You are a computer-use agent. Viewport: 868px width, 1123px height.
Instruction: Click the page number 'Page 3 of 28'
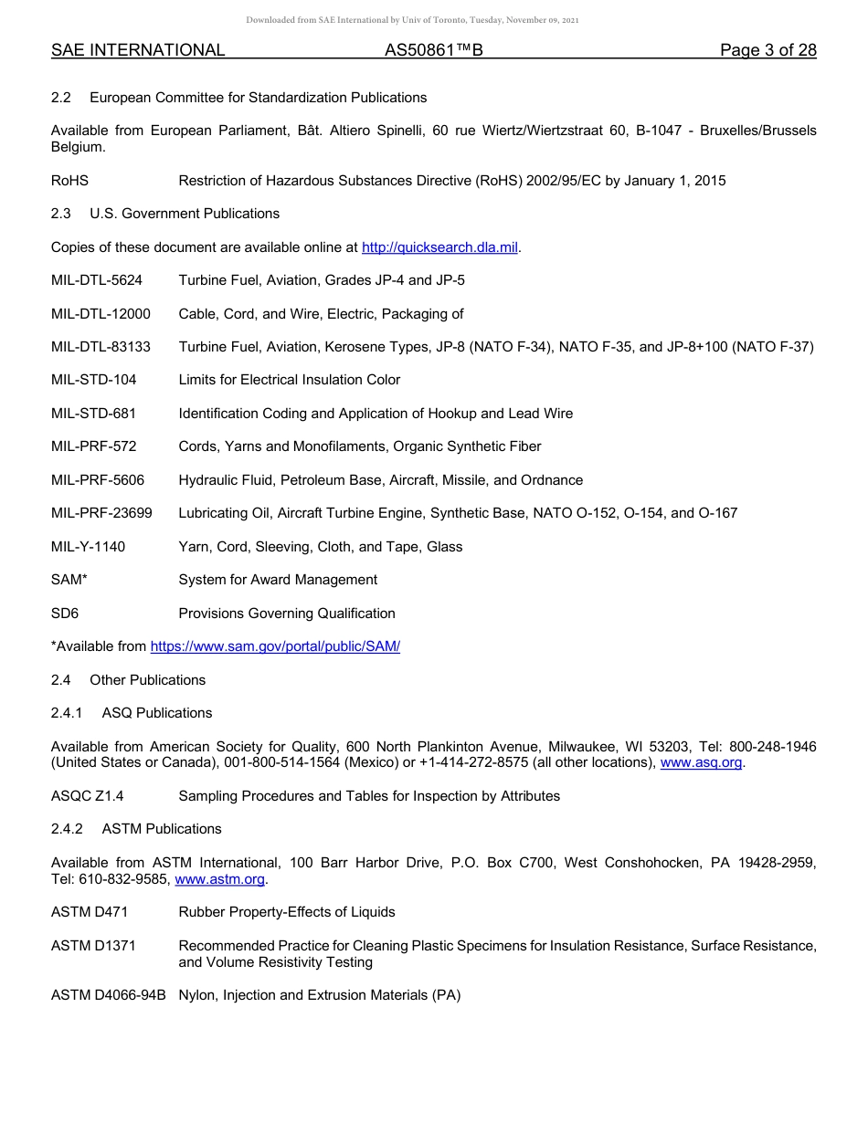[767, 50]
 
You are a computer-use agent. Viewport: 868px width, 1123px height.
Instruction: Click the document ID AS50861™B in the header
[433, 50]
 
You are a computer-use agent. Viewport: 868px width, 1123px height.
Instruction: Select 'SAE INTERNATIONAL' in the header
[138, 50]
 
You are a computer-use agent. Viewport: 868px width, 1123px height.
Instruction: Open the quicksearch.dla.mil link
[439, 247]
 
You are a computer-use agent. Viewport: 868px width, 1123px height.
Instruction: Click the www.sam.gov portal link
[275, 646]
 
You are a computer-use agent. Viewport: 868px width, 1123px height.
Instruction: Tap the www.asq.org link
[701, 762]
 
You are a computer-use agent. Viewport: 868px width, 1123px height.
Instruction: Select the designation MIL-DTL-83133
[101, 347]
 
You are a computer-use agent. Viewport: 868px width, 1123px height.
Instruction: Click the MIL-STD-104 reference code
[93, 380]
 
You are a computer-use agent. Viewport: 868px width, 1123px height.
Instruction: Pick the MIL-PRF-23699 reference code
[101, 513]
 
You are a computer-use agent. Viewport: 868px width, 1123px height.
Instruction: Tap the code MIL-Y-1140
[88, 547]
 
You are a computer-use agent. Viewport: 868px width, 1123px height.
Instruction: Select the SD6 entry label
[65, 614]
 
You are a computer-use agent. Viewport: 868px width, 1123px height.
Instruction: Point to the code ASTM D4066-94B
[108, 995]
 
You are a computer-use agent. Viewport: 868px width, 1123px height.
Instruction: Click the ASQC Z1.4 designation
[87, 796]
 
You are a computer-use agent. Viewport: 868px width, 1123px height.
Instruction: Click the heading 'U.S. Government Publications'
[185, 214]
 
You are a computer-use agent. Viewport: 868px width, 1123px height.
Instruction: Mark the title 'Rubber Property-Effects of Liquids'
[287, 912]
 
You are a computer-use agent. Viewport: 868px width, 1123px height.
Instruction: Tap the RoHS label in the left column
[69, 181]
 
